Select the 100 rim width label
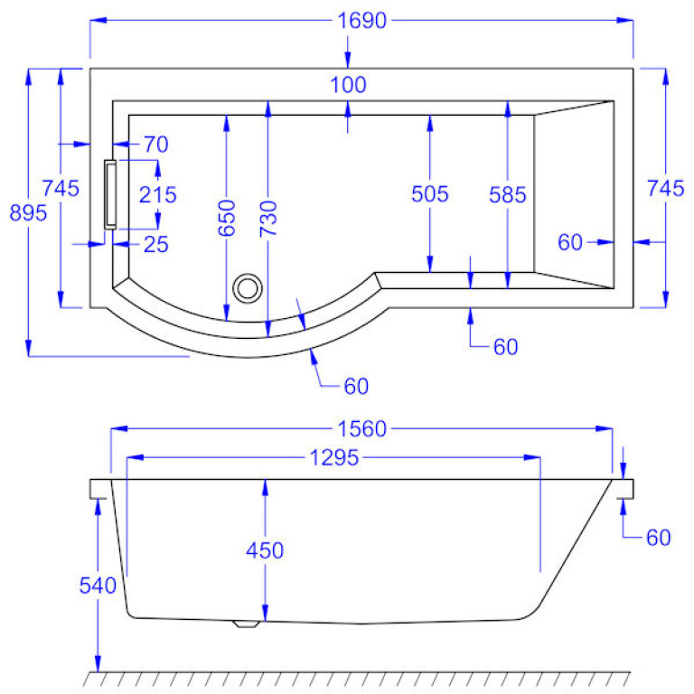click(x=349, y=86)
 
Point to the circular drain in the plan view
click(x=247, y=289)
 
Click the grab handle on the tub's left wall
click(x=110, y=193)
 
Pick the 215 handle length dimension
click(x=158, y=193)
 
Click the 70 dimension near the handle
click(x=156, y=144)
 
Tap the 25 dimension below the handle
click(x=156, y=244)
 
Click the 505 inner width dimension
click(x=429, y=193)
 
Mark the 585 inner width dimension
click(x=508, y=193)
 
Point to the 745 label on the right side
click(x=666, y=189)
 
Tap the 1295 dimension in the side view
click(x=333, y=458)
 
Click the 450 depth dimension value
click(x=265, y=550)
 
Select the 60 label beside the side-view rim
click(x=659, y=538)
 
